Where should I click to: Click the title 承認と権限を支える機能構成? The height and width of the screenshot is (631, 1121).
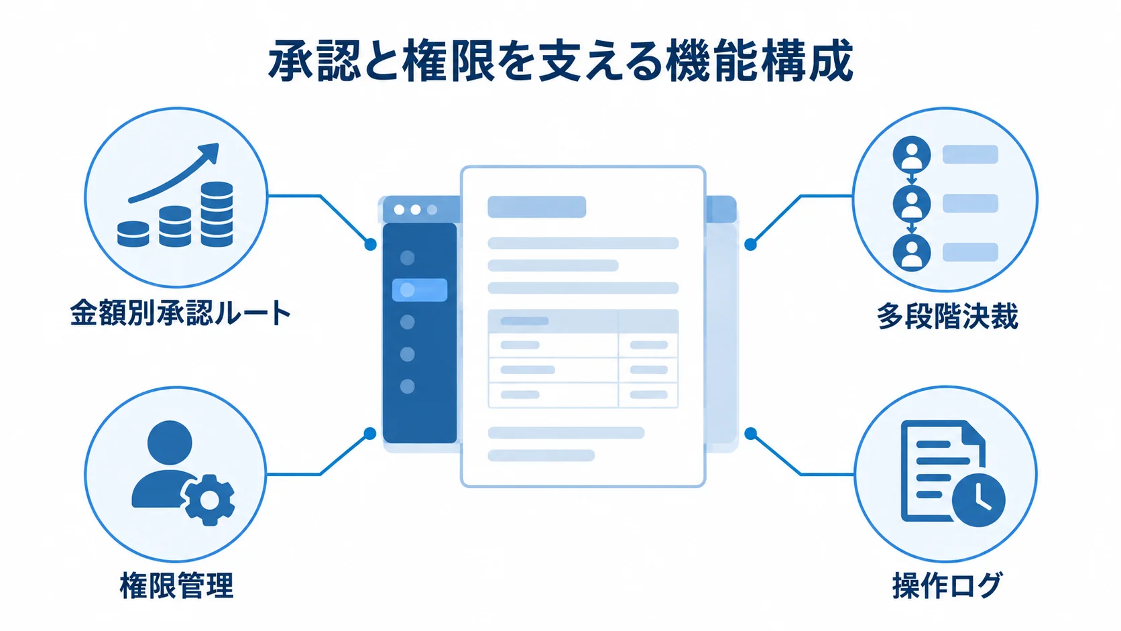click(x=560, y=61)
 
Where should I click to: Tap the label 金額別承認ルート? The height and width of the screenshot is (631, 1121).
click(x=180, y=313)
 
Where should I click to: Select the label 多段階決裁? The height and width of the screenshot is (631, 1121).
click(x=947, y=317)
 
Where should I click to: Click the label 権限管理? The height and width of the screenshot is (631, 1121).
click(x=176, y=585)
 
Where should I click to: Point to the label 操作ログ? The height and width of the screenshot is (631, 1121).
click(x=947, y=585)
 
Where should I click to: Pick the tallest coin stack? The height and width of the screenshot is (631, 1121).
click(x=217, y=214)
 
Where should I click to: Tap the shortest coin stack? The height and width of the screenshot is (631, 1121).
click(x=133, y=233)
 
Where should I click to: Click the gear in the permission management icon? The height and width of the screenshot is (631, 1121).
click(x=209, y=500)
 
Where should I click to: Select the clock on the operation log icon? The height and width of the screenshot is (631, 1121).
click(x=978, y=500)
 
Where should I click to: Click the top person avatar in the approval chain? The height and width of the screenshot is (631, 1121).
click(x=911, y=155)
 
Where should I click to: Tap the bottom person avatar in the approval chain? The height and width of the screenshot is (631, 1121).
click(x=911, y=253)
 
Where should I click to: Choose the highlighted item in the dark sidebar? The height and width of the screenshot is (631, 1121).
click(x=420, y=290)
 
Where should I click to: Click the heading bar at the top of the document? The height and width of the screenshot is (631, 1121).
click(x=536, y=207)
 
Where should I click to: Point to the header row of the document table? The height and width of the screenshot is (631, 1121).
click(x=583, y=321)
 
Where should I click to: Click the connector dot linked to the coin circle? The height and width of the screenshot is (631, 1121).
click(x=370, y=244)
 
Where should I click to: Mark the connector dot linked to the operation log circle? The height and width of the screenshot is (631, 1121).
click(x=750, y=434)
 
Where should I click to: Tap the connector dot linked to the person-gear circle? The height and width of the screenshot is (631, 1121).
click(x=370, y=434)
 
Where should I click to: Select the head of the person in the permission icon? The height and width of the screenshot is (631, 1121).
click(x=170, y=443)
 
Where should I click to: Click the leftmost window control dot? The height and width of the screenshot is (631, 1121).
click(x=399, y=210)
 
